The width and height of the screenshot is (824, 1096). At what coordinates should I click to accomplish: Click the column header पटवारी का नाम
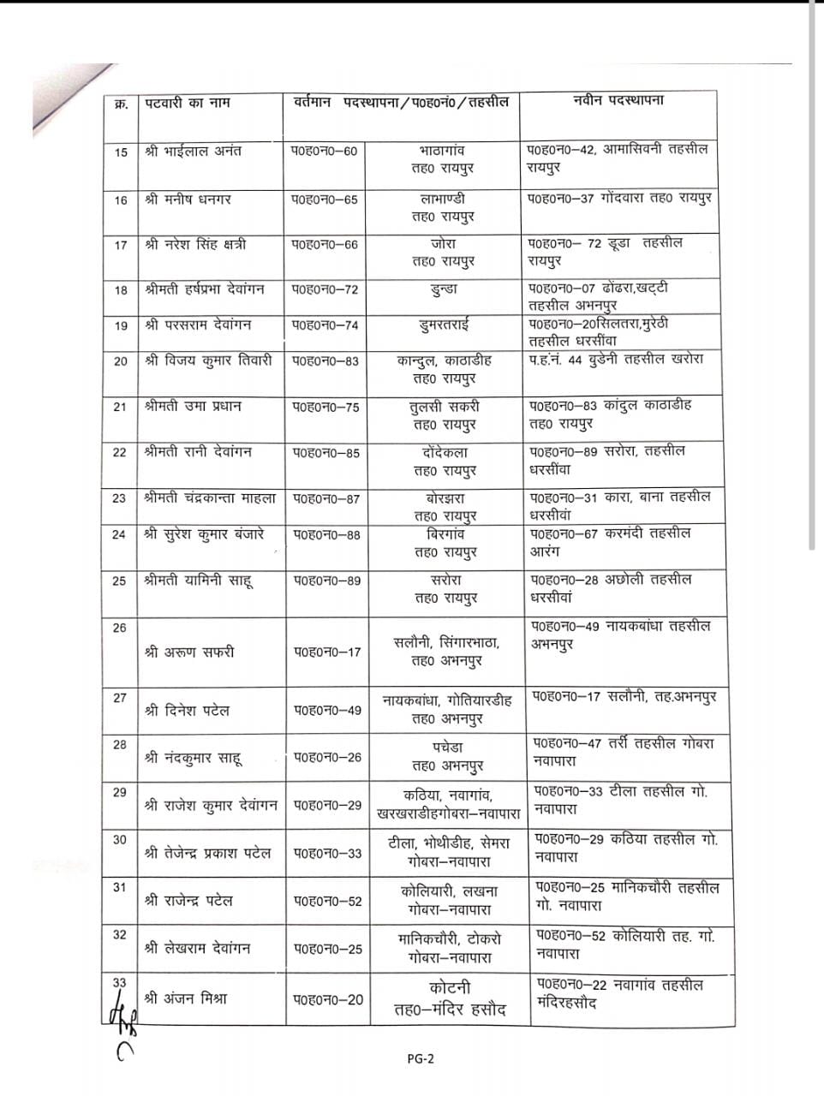tap(186, 103)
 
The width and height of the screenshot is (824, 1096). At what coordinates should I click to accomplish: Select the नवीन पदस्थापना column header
tap(618, 100)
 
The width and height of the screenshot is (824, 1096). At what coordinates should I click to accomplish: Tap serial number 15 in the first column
tap(121, 152)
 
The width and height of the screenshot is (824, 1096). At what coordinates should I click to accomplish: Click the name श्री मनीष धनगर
tap(188, 200)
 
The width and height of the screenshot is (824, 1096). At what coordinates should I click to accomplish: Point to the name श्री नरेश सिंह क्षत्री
tap(195, 245)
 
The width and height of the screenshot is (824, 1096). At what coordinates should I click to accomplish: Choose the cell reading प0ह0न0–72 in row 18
tap(325, 289)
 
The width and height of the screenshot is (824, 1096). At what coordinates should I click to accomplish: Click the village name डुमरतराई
tap(444, 325)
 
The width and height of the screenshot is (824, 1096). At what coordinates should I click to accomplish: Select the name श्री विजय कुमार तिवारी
tap(208, 360)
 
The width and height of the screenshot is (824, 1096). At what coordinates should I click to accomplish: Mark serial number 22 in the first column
tap(120, 452)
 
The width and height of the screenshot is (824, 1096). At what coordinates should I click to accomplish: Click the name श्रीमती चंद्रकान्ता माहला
tap(211, 497)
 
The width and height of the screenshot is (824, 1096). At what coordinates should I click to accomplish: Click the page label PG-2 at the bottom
tap(421, 1058)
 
